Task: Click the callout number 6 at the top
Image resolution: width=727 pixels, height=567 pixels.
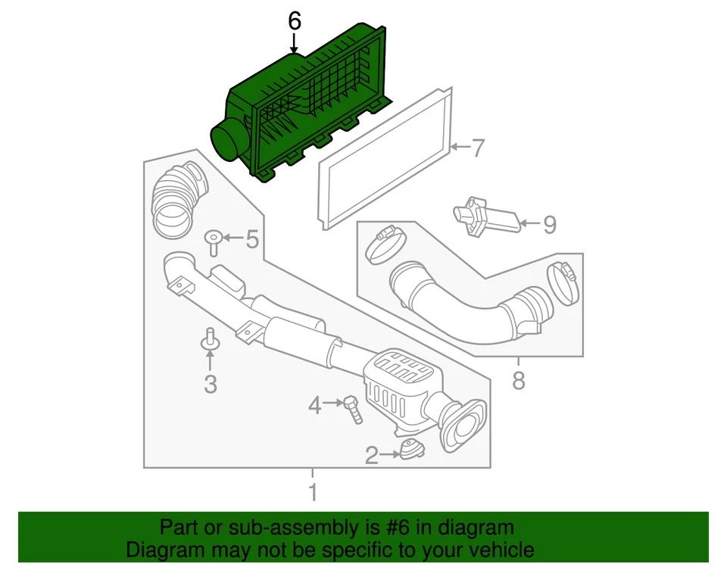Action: (295, 21)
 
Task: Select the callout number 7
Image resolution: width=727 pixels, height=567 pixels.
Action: (477, 148)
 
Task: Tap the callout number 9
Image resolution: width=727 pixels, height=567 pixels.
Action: (549, 224)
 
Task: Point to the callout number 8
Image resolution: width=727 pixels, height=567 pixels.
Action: (518, 381)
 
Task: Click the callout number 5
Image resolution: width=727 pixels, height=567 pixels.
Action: (251, 241)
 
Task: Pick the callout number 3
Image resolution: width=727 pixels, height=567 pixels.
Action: (210, 385)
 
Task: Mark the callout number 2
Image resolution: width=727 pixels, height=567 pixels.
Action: (371, 455)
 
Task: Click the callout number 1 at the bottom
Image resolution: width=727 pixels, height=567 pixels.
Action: (312, 493)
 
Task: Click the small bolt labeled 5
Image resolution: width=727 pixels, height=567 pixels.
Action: (213, 242)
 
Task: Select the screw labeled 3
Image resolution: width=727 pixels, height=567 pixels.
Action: (209, 341)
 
